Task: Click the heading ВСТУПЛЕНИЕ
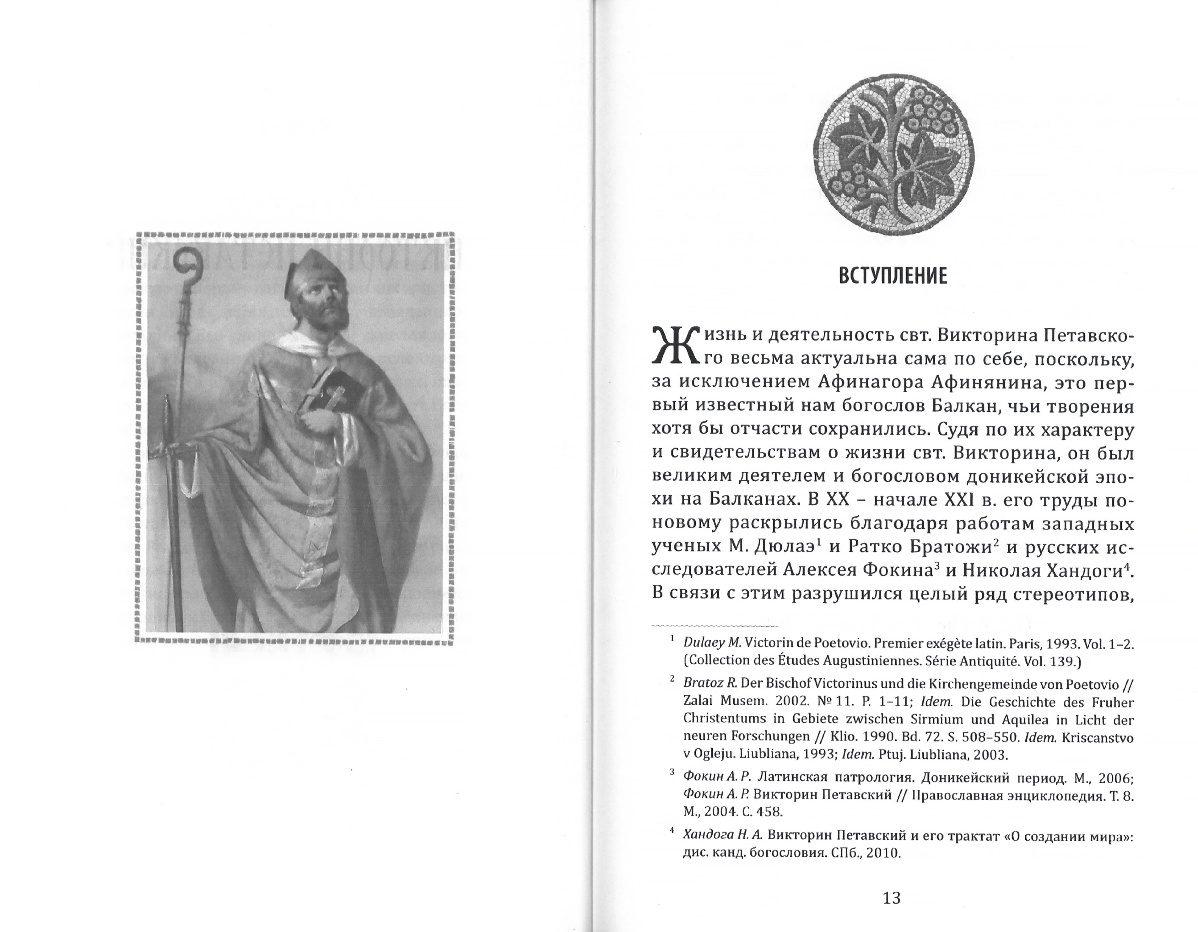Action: coord(893,275)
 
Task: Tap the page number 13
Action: coord(892,898)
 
